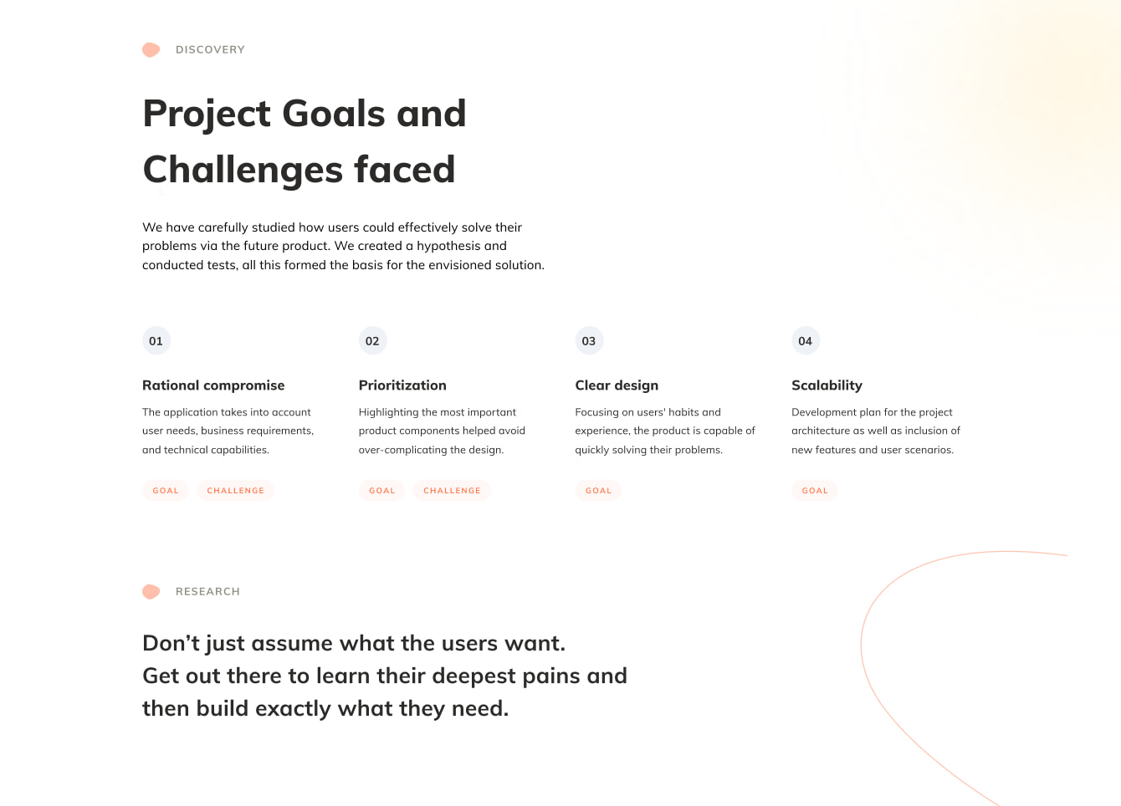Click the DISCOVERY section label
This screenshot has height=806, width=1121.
[210, 49]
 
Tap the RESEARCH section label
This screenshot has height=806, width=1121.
[207, 591]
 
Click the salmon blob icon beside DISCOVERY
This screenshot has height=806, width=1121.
[151, 49]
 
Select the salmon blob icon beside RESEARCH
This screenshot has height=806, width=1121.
[151, 591]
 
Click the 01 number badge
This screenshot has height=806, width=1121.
[156, 341]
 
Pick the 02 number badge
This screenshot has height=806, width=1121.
[373, 341]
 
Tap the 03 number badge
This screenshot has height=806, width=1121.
[589, 341]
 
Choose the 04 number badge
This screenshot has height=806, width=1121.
[806, 341]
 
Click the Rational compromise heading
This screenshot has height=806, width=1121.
[213, 385]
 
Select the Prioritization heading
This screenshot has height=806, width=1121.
[402, 385]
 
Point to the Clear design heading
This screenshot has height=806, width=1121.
[617, 385]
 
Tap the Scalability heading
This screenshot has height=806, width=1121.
[827, 385]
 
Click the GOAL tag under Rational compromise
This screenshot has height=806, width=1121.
[166, 490]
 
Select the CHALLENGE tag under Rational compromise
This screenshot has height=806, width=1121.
[236, 490]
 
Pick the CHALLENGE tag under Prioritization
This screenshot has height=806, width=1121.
[452, 490]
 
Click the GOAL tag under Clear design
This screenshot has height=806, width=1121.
[598, 490]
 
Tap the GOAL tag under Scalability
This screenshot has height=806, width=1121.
[815, 490]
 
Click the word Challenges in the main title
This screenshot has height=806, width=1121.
[243, 170]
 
